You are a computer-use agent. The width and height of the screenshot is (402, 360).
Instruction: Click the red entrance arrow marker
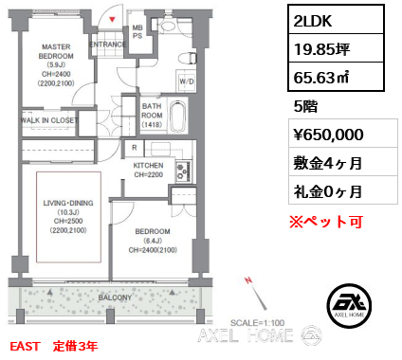(112, 20)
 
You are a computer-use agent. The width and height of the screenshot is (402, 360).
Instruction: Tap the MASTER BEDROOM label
(56, 51)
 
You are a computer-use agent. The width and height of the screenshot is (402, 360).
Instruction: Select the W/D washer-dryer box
(187, 81)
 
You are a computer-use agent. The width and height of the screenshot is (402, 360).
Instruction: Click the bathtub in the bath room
(177, 117)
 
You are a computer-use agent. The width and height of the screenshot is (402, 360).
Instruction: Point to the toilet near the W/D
(187, 59)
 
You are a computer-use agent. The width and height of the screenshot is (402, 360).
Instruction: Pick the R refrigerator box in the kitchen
(135, 148)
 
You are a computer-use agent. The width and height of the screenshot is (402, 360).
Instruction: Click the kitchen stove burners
(183, 171)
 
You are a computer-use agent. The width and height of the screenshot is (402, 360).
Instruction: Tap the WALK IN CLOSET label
(48, 120)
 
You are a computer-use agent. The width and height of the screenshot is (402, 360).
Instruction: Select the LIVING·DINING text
(68, 203)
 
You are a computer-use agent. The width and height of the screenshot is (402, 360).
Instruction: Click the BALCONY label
(115, 297)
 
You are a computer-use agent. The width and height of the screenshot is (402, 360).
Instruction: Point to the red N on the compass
(248, 280)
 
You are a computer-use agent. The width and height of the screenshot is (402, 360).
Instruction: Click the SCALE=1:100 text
(257, 323)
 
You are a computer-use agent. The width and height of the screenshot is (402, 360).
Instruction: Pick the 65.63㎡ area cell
(336, 77)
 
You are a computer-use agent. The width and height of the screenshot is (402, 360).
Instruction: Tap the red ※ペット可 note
(326, 222)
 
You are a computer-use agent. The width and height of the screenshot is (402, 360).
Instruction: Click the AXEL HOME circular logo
(349, 305)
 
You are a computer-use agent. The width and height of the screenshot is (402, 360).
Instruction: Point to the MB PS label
(137, 32)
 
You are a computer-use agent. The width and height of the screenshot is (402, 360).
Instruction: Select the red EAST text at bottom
(25, 346)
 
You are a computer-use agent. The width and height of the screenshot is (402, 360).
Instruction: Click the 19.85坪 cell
(336, 48)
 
